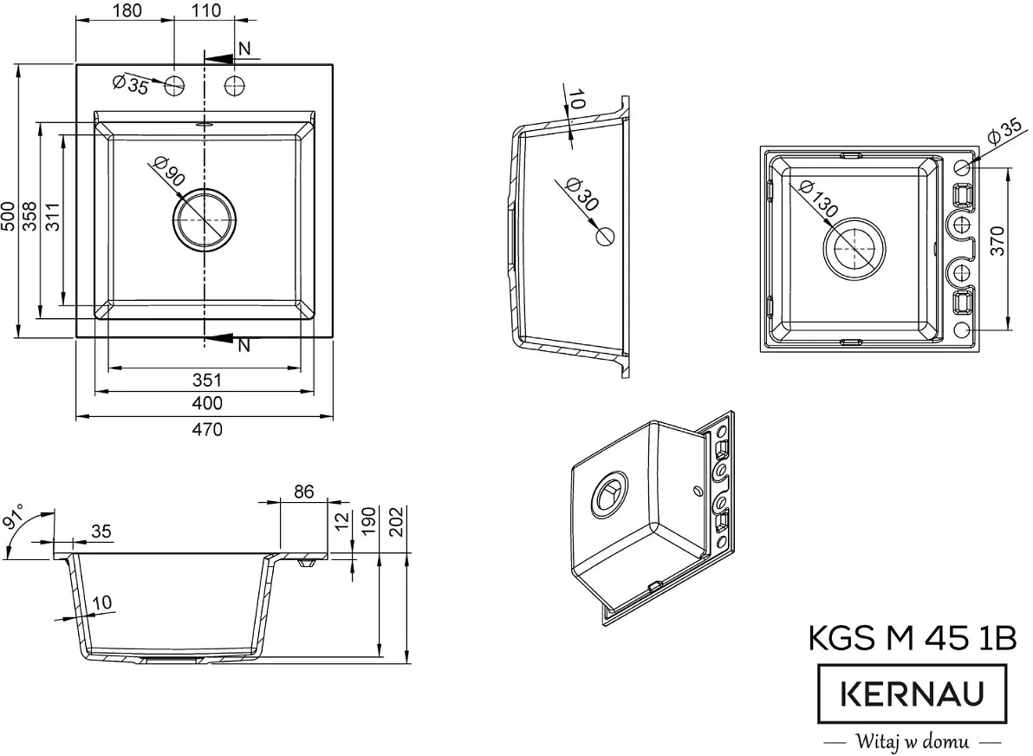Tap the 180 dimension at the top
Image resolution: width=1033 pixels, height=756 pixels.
click(x=128, y=11)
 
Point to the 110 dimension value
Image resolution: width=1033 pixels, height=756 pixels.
click(x=205, y=11)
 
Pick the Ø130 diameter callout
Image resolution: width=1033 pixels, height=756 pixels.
click(x=816, y=199)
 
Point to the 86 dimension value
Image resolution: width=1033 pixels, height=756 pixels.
click(x=303, y=492)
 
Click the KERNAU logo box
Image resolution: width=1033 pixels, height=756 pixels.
click(x=913, y=694)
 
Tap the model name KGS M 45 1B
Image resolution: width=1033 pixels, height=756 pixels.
click(x=912, y=638)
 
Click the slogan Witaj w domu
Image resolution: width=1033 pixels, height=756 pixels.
click(x=912, y=741)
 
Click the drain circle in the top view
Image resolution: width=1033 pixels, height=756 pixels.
click(x=205, y=219)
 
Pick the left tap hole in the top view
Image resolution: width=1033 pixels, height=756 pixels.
click(x=175, y=84)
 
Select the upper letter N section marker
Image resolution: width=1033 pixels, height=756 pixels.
click(x=244, y=49)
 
